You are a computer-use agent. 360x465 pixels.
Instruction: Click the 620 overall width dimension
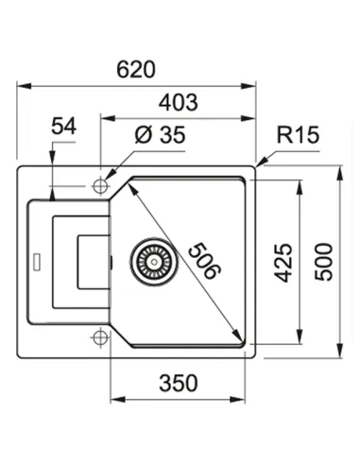click(136, 70)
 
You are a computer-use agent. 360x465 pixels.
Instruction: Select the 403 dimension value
click(179, 102)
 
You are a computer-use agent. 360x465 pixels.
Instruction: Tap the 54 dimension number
click(64, 126)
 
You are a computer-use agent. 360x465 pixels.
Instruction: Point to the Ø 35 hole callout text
click(160, 135)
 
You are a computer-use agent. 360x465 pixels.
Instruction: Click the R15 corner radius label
click(298, 135)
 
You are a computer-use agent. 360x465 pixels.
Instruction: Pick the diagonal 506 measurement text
click(205, 261)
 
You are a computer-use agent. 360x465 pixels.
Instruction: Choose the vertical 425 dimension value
click(283, 263)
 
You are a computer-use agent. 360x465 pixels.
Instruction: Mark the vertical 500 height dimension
click(323, 262)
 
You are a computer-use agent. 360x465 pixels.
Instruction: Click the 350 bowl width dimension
click(179, 383)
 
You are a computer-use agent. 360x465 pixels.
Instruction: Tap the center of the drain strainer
click(154, 261)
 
